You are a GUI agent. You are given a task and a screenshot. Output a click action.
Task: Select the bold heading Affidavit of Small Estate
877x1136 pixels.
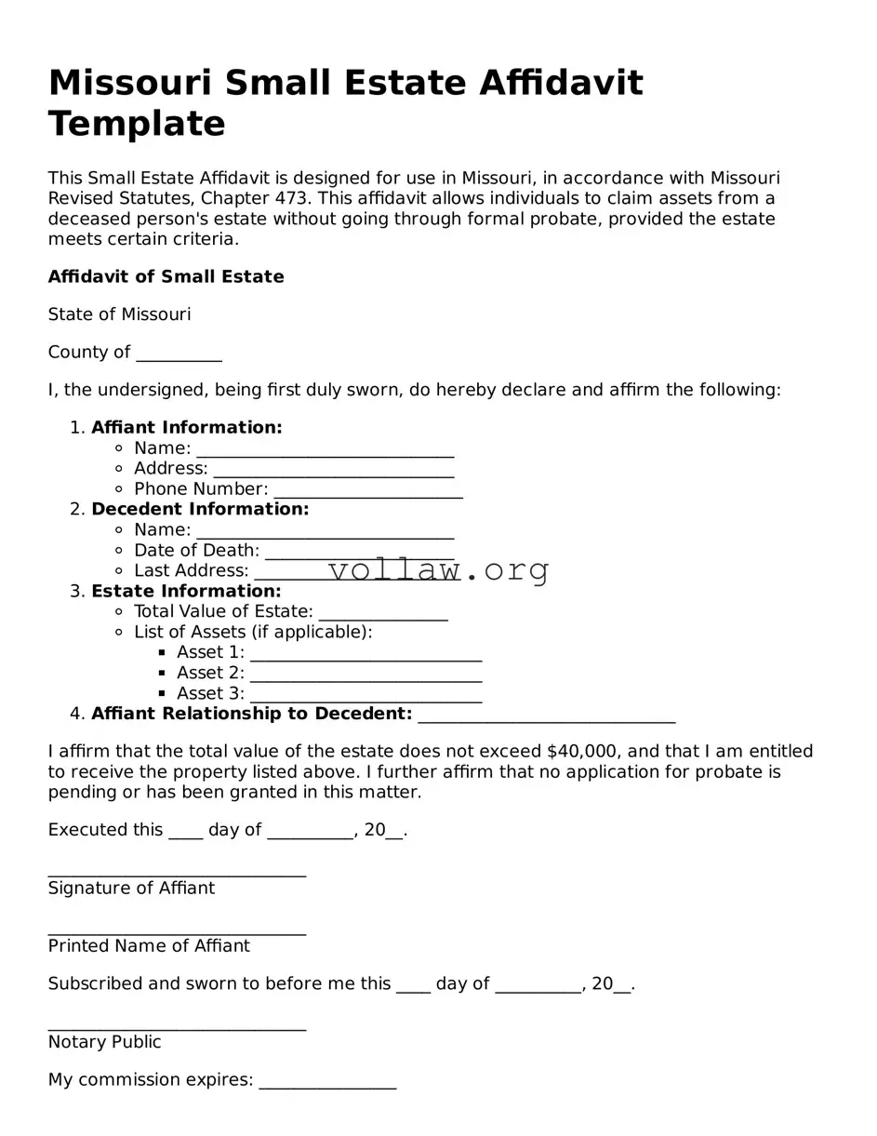(x=166, y=276)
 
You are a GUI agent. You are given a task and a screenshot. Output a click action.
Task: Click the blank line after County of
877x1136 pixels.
(x=179, y=354)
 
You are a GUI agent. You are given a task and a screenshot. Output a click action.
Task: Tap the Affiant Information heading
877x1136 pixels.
(x=186, y=427)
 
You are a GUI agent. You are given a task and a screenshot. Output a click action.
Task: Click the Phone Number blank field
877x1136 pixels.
(x=368, y=490)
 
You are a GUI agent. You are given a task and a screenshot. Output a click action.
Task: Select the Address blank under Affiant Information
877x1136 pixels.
(x=333, y=470)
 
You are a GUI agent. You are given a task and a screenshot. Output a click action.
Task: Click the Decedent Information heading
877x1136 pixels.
(x=200, y=509)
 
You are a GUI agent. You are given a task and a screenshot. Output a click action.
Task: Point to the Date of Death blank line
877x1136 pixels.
(x=359, y=552)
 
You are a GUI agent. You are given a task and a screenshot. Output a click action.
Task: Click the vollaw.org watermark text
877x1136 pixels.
(x=438, y=569)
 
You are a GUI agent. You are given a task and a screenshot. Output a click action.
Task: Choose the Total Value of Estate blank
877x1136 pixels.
(x=383, y=613)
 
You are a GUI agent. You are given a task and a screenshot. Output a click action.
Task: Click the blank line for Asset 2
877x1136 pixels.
(x=365, y=675)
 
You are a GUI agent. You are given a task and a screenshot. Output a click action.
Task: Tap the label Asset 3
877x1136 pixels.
(x=210, y=693)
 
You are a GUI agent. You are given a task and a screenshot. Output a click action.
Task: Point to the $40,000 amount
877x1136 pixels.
(x=583, y=751)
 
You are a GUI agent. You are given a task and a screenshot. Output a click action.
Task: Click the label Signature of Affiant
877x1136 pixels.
(x=131, y=888)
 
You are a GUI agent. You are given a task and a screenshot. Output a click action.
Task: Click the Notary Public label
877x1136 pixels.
(x=104, y=1042)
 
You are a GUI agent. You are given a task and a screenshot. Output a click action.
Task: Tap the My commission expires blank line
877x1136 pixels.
(x=327, y=1081)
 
